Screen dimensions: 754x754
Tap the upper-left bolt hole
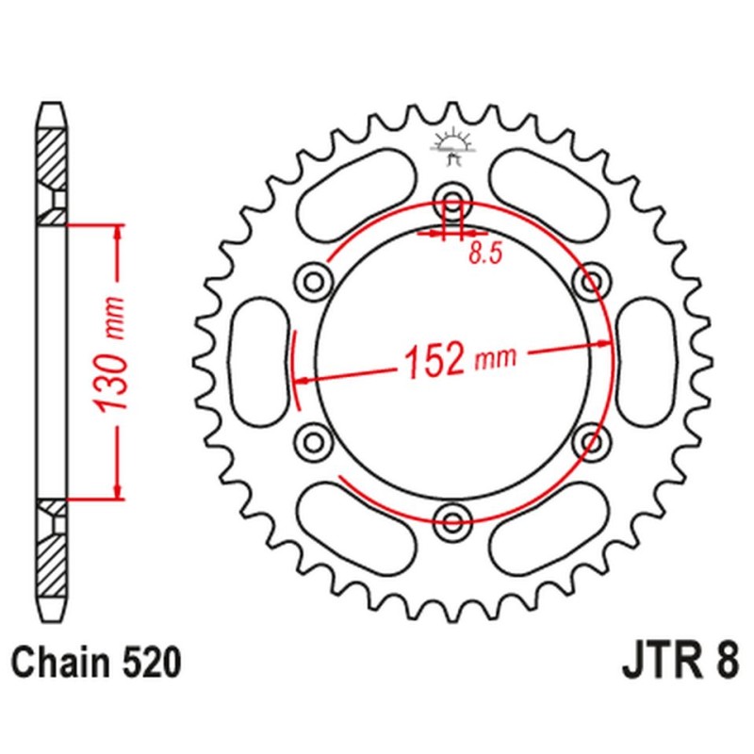pos(313,279)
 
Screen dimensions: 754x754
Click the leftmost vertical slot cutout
pos(260,358)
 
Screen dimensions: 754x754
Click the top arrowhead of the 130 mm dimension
pos(117,232)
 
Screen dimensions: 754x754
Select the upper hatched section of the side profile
pos(53,156)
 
